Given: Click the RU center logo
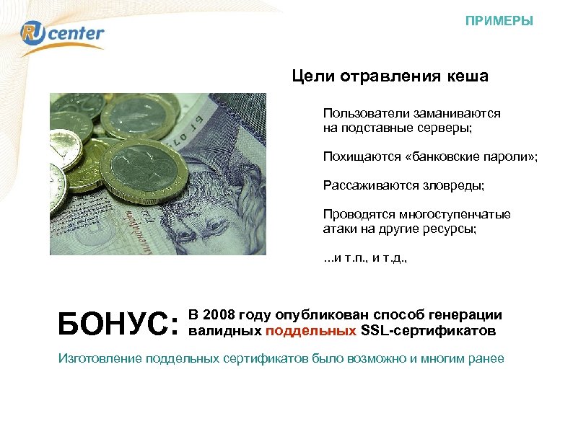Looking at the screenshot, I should pyautogui.click(x=63, y=34).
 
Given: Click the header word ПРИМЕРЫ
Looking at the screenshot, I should pyautogui.click(x=499, y=21).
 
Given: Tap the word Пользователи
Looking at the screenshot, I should pyautogui.click(x=361, y=114).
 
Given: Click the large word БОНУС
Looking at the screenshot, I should pyautogui.click(x=116, y=324).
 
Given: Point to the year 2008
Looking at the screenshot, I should pyautogui.click(x=217, y=315).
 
